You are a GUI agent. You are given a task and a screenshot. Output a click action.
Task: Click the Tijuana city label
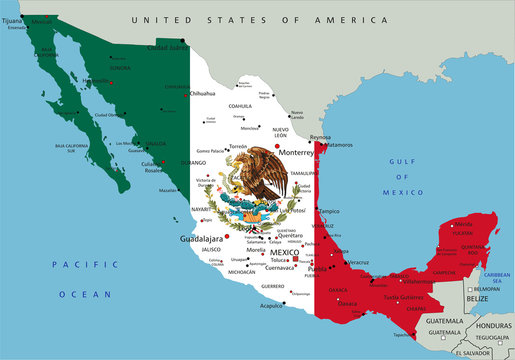[13, 20]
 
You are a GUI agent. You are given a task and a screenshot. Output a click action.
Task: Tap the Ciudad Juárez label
[169, 48]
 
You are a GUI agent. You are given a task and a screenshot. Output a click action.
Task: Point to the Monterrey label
[282, 152]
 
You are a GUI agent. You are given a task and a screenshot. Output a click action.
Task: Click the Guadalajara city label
[201, 239]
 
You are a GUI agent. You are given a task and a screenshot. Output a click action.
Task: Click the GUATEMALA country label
[444, 320]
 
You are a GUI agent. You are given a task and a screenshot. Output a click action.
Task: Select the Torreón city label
[239, 146]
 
